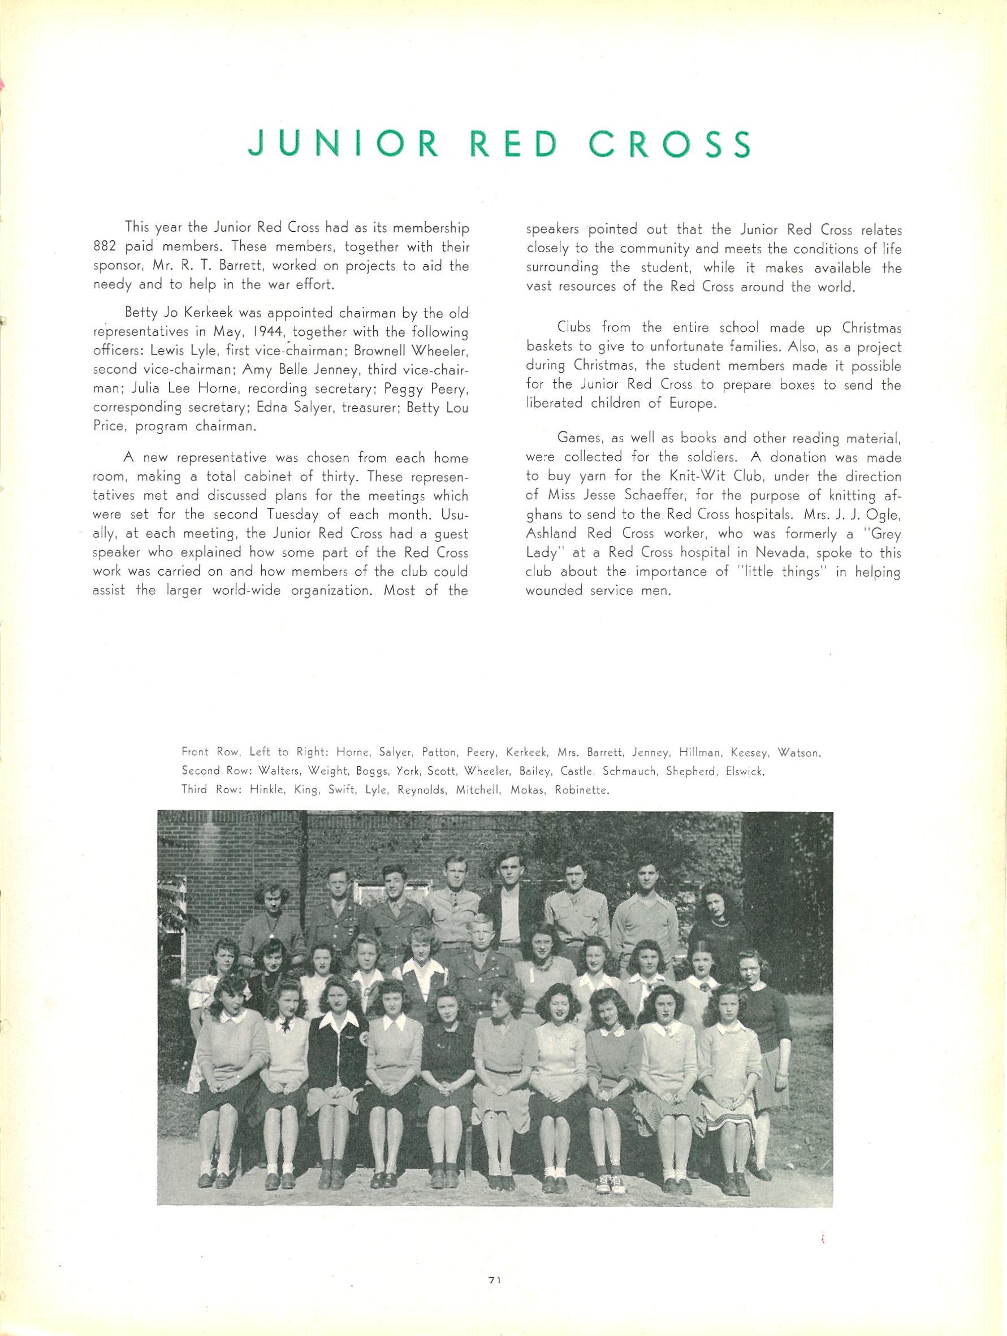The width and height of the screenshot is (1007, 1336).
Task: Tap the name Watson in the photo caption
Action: [x=798, y=753]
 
